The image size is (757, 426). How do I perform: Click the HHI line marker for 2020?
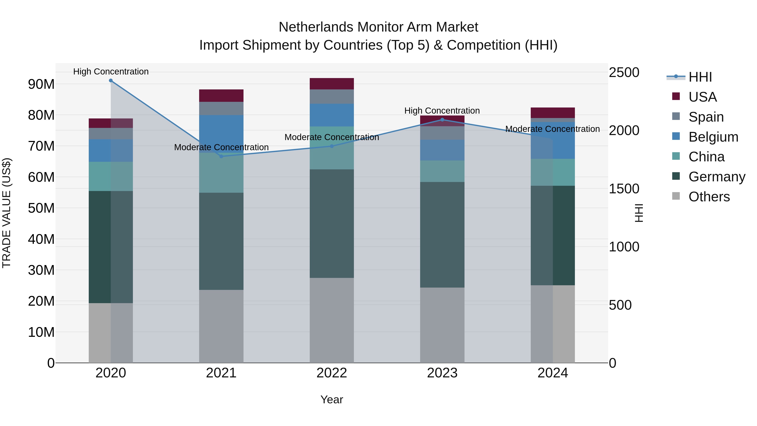pos(111,81)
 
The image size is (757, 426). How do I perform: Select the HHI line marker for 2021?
pos(221,156)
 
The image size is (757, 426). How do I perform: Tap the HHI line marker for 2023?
pos(442,120)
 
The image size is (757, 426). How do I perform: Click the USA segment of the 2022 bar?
pos(332,84)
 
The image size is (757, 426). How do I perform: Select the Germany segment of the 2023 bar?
pos(442,235)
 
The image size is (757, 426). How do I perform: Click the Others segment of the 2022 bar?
pos(332,320)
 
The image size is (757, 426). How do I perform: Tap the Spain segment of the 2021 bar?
pos(221,109)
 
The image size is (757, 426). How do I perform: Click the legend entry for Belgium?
pos(713,137)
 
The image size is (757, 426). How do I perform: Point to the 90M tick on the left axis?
pos(41,84)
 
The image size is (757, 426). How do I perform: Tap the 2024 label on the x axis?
pos(552,373)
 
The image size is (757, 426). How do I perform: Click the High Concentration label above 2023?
pos(442,111)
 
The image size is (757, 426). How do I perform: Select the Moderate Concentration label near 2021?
pos(221,147)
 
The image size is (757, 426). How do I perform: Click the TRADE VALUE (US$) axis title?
pos(7,213)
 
